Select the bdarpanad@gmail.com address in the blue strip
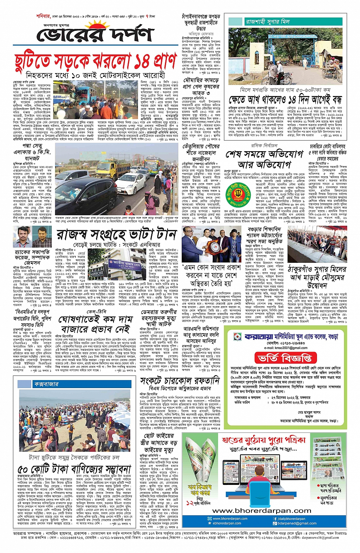coord(297,523)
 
